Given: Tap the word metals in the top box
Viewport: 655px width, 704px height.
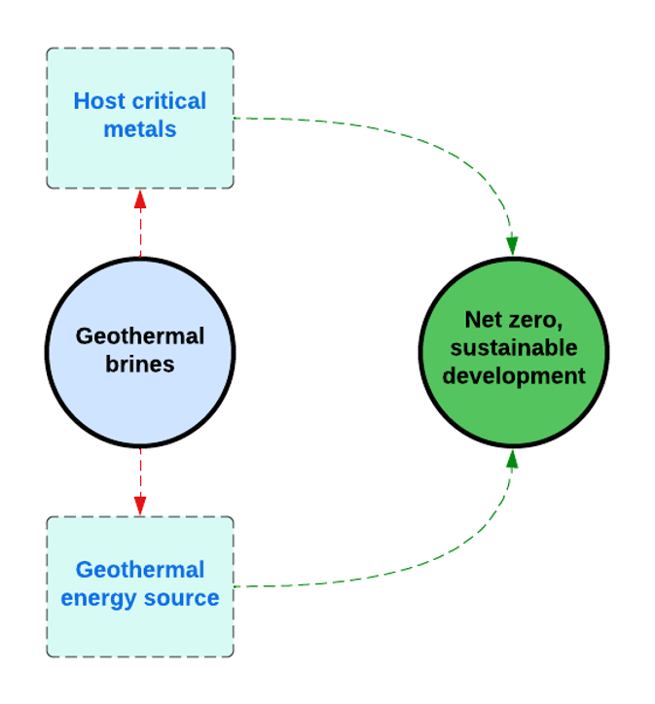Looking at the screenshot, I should click(140, 129).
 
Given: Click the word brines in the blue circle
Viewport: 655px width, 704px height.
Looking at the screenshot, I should click(140, 365).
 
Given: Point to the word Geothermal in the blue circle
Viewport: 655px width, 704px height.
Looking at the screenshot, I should click(140, 336).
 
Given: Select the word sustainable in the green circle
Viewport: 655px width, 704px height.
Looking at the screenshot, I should click(514, 348).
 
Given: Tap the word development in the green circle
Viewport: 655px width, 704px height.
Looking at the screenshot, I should click(514, 376).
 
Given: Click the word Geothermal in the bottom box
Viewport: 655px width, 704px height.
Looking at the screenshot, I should click(140, 570).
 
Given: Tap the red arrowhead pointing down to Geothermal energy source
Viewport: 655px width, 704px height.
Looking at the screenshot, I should click(140, 505).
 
